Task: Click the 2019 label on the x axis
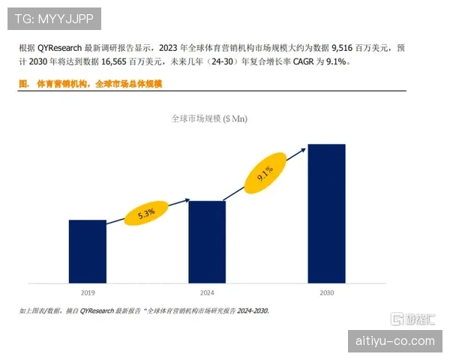pyautogui.click(x=87, y=293)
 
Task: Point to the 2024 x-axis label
pyautogui.click(x=206, y=293)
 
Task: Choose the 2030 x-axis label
pyautogui.click(x=326, y=293)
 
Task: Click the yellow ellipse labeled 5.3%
pyautogui.click(x=146, y=213)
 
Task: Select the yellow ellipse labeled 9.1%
pyautogui.click(x=265, y=175)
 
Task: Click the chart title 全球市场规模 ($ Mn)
pyautogui.click(x=209, y=118)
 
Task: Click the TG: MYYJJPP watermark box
pyautogui.click(x=53, y=17)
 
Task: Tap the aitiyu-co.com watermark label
pyautogui.click(x=397, y=341)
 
